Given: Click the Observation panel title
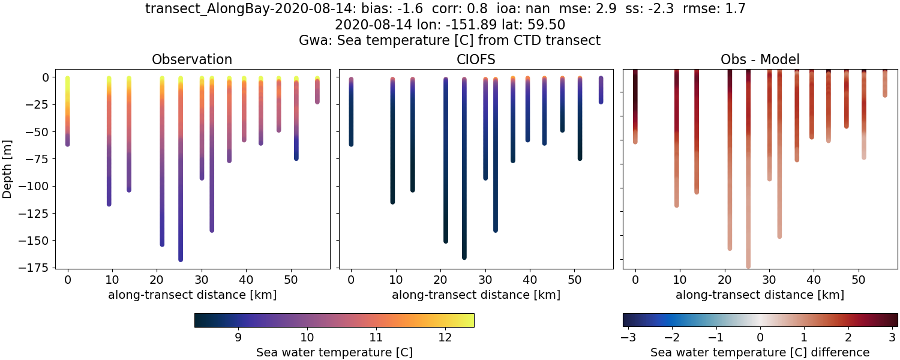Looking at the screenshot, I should pyautogui.click(x=192, y=59).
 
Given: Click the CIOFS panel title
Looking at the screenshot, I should pyautogui.click(x=476, y=59).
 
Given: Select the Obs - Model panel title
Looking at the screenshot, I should pyautogui.click(x=760, y=59).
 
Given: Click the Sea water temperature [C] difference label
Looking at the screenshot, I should pyautogui.click(x=760, y=352).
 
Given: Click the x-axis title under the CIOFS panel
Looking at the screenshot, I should pyautogui.click(x=476, y=295).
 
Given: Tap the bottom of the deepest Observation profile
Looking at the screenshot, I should pyautogui.click(x=180, y=259).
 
